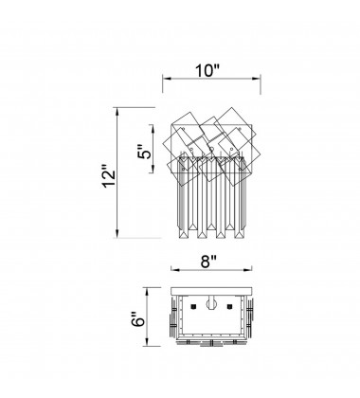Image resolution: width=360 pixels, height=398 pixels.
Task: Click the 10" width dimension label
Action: pos(207,70)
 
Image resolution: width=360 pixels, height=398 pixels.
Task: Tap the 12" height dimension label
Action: pos(109,176)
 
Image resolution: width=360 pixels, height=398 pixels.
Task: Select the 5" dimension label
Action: pos(146,152)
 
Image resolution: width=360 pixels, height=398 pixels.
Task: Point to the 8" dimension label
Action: pos(208,262)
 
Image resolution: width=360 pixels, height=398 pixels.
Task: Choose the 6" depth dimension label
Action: pos(138,319)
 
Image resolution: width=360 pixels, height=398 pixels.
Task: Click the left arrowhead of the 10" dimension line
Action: pos(167,79)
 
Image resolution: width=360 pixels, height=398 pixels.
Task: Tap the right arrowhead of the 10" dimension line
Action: pos(256,79)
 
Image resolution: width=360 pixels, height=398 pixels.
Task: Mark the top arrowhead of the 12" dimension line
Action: pos(117,112)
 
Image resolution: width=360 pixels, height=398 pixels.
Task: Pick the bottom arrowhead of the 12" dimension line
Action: pos(117,233)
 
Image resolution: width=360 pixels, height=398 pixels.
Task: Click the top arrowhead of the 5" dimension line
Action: pos(153,129)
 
